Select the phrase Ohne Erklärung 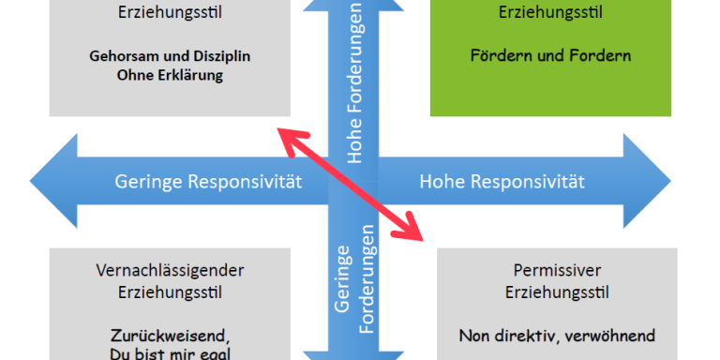click(171, 76)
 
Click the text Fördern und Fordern click(551, 55)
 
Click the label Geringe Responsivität click(208, 181)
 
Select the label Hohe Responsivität click(502, 181)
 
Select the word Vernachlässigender click(171, 270)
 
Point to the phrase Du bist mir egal click(171, 352)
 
